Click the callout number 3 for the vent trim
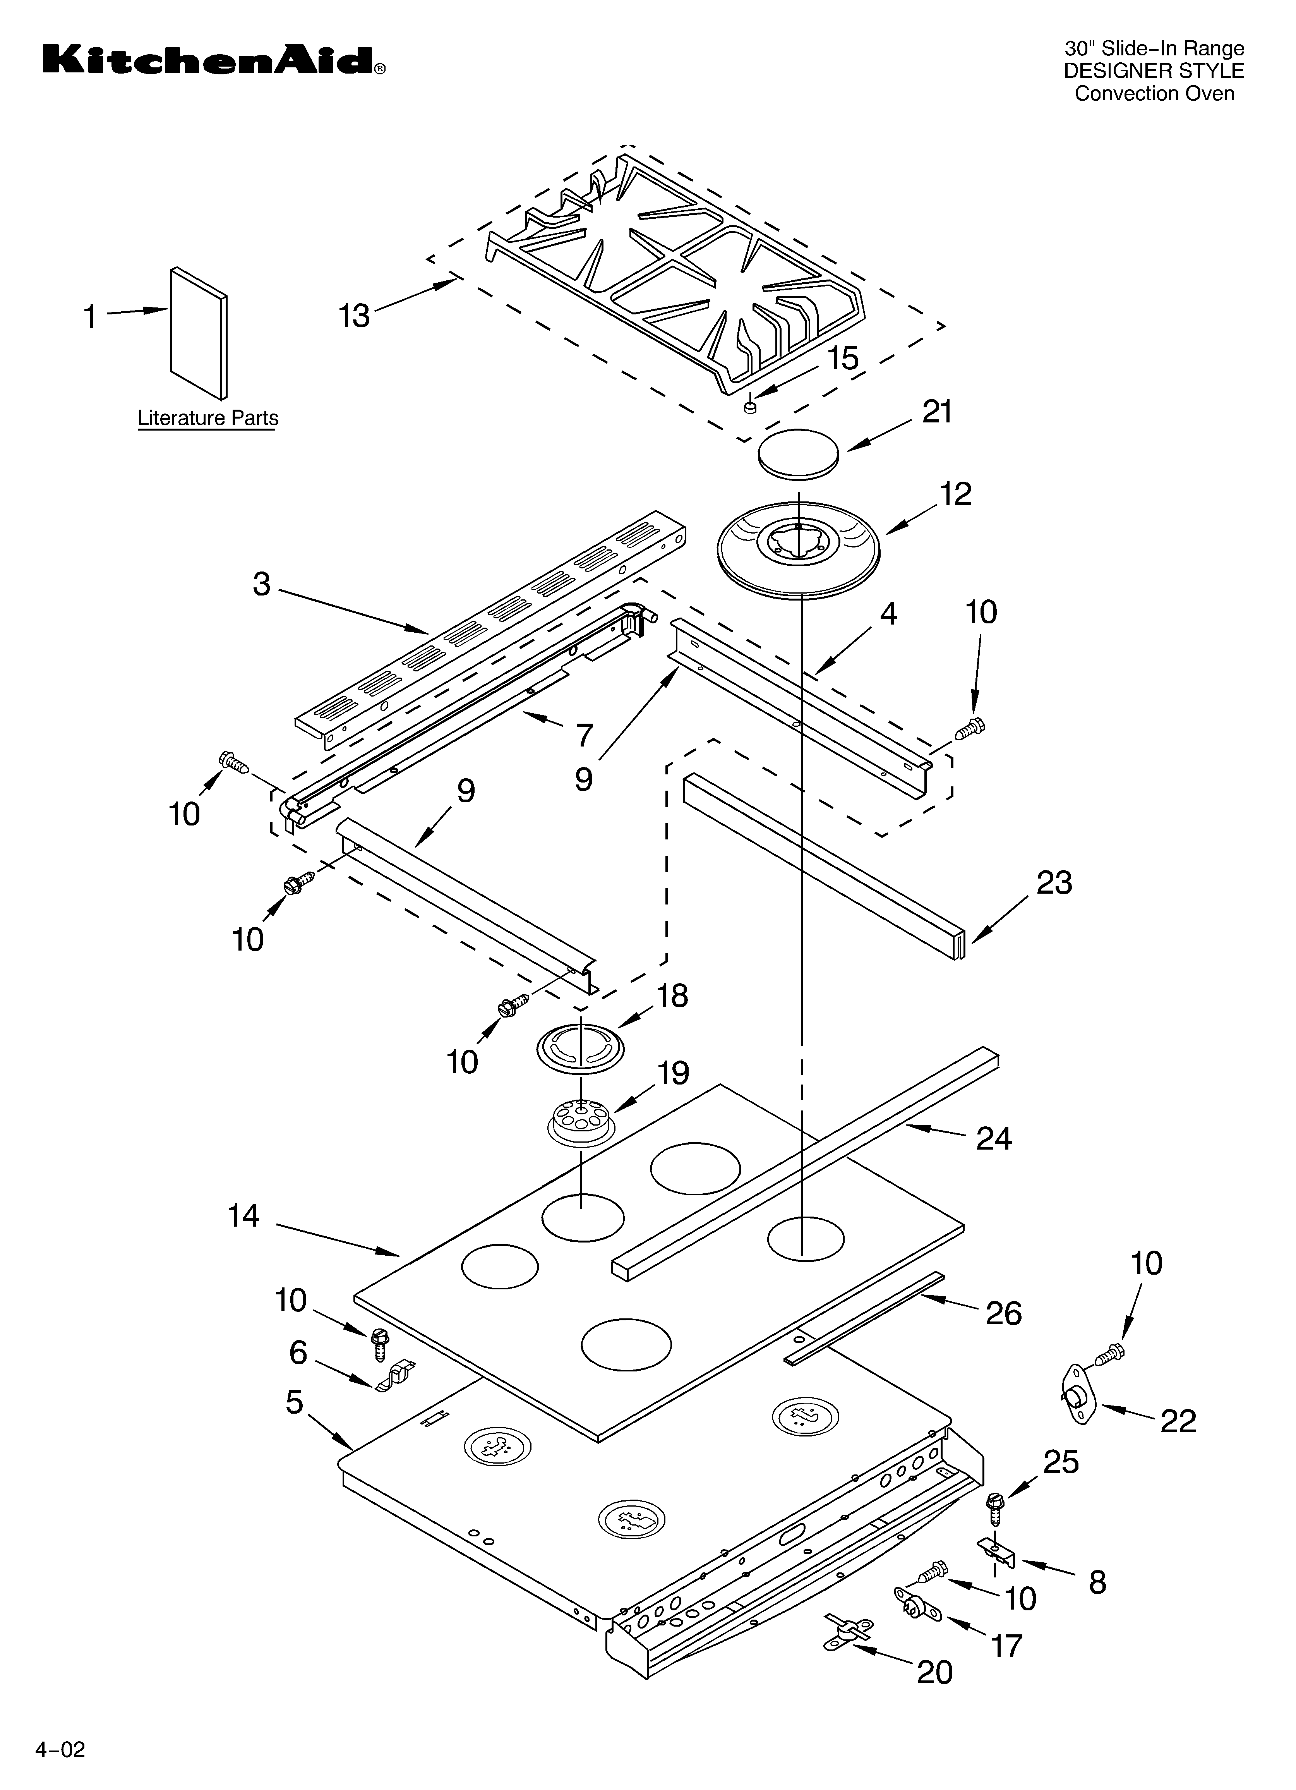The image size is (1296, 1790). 261,584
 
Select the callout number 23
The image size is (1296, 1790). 1054,882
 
